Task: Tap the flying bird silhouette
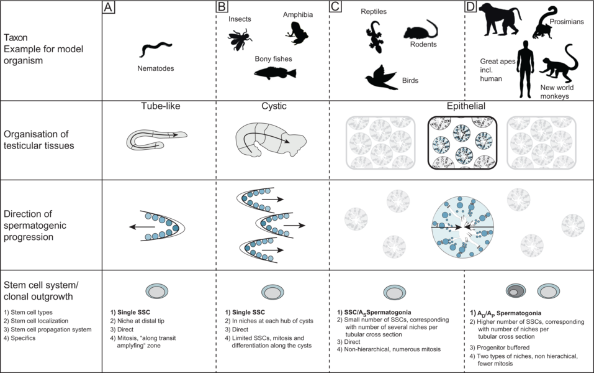tap(381, 76)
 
